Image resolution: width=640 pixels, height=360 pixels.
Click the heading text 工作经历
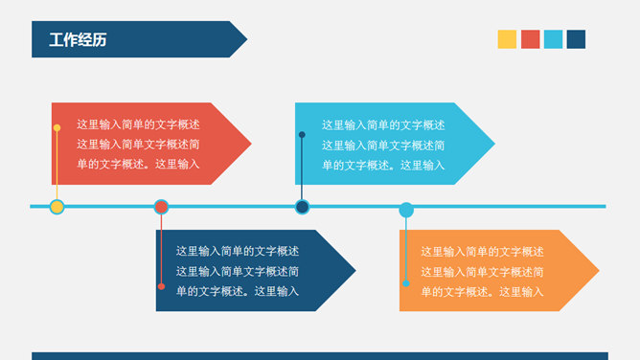click(79, 40)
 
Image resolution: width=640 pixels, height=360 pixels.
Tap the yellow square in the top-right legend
click(507, 39)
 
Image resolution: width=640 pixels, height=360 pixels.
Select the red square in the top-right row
click(530, 39)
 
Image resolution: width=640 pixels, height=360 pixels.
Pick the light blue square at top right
click(553, 39)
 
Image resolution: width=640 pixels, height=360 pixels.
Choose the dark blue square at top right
click(576, 39)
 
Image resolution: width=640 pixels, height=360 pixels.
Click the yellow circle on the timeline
click(57, 207)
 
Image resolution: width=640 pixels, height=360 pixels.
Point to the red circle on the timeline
click(161, 207)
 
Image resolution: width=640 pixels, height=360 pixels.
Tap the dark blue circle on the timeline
click(302, 207)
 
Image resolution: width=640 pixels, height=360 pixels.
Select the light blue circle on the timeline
click(406, 210)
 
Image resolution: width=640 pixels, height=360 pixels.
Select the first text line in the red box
click(138, 124)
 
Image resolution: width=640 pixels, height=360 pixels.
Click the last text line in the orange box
click(482, 292)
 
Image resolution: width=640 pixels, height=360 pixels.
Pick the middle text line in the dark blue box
click(238, 271)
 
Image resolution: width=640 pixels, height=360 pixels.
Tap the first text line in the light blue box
click(383, 124)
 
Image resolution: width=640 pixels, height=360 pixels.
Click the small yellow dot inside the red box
click(57, 127)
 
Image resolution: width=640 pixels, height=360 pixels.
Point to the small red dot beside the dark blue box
click(161, 286)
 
